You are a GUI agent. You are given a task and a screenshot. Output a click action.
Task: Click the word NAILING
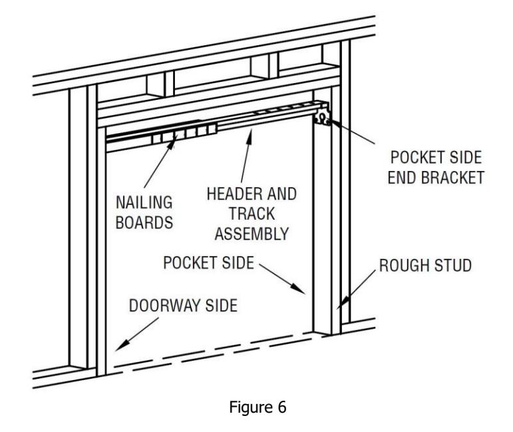tap(144, 202)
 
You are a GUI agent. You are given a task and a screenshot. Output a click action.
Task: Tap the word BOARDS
tap(144, 223)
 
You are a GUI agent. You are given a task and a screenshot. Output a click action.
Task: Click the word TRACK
tap(252, 214)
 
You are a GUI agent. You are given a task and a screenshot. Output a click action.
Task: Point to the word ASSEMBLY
tap(252, 234)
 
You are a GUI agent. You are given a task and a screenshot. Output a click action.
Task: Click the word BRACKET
tap(452, 178)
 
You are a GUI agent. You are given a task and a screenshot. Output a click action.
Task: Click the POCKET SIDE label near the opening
tap(209, 263)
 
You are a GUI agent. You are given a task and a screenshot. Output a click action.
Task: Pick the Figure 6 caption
tap(257, 407)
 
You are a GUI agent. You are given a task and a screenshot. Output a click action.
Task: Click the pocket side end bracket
tap(322, 114)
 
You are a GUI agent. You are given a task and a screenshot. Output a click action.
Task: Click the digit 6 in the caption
tap(282, 407)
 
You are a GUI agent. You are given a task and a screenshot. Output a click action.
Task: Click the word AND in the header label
tap(282, 194)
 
